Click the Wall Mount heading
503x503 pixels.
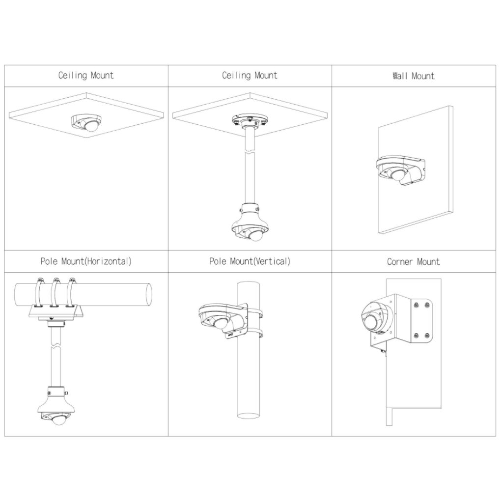click(x=414, y=76)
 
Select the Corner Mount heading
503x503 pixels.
click(x=413, y=262)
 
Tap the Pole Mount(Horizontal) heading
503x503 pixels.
click(x=86, y=261)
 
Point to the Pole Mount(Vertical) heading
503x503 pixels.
click(x=250, y=261)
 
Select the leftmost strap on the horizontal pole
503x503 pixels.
click(x=39, y=293)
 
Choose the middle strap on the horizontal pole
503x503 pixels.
click(x=56, y=293)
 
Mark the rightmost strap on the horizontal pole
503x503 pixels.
click(x=71, y=293)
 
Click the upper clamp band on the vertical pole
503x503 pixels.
click(x=255, y=313)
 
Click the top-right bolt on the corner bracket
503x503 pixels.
click(x=427, y=305)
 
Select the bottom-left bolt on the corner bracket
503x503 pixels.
click(x=416, y=336)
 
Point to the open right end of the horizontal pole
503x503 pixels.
click(x=149, y=294)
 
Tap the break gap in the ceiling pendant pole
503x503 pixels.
click(x=250, y=151)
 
